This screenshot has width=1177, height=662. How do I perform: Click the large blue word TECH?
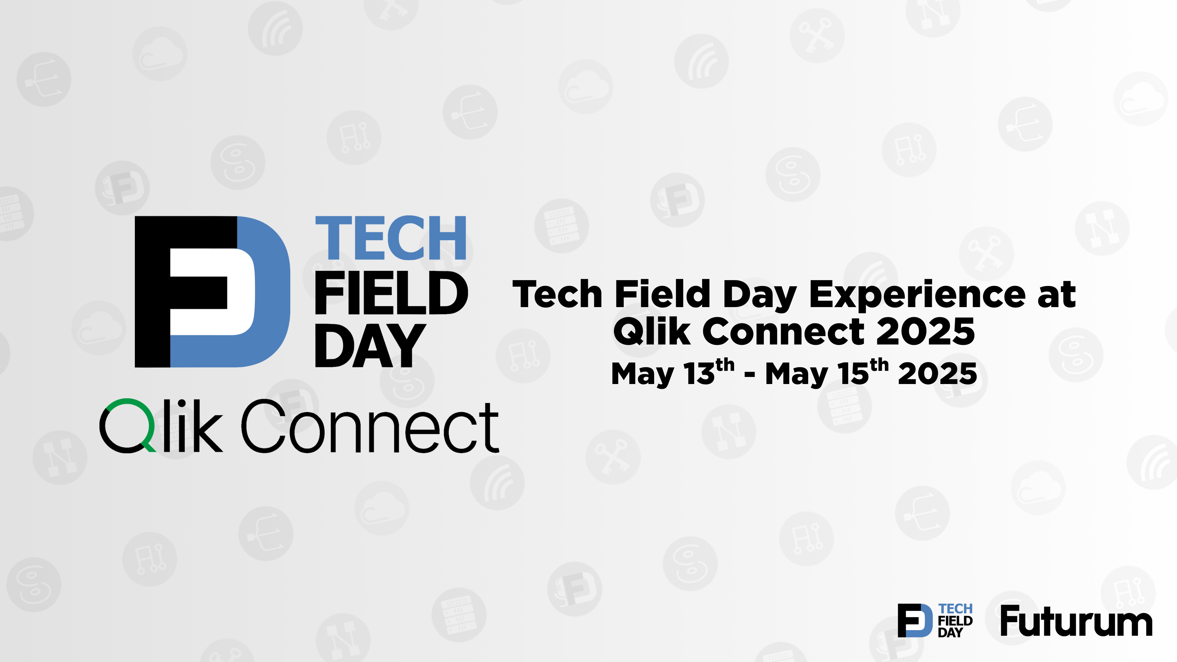click(391, 238)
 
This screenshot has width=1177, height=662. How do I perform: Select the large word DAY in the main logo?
click(370, 345)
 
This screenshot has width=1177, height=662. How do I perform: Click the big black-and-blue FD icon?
click(212, 291)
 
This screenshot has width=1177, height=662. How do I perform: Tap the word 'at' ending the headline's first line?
click(1056, 295)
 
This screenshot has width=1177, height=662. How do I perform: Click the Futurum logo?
click(1076, 621)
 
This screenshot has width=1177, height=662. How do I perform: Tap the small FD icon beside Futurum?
click(915, 620)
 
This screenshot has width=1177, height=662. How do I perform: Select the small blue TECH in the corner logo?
click(955, 609)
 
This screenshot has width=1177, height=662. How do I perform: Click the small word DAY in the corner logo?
click(950, 633)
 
